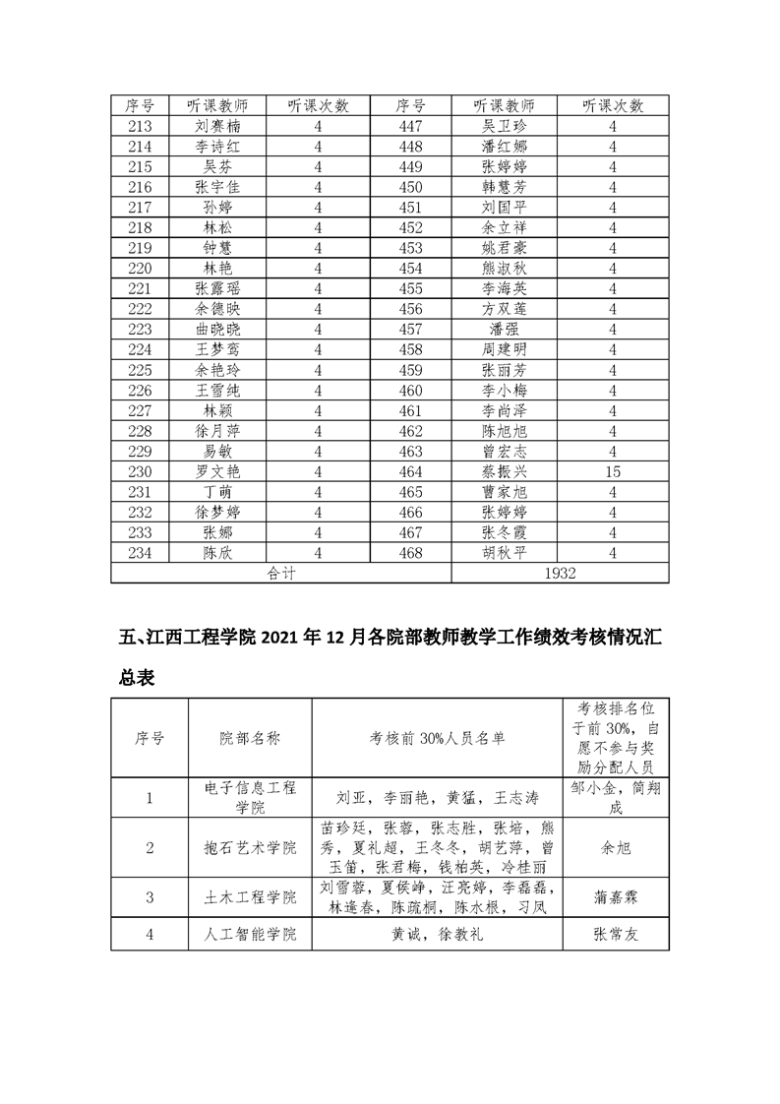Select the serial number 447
[x=410, y=126]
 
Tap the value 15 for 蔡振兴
[x=613, y=471]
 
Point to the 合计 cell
[x=281, y=573]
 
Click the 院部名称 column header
[x=250, y=739]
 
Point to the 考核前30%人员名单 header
[x=437, y=739]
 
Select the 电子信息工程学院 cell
[x=250, y=797]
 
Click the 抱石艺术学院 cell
[x=250, y=847]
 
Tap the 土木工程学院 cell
[x=250, y=897]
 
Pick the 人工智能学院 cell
[x=250, y=934]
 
